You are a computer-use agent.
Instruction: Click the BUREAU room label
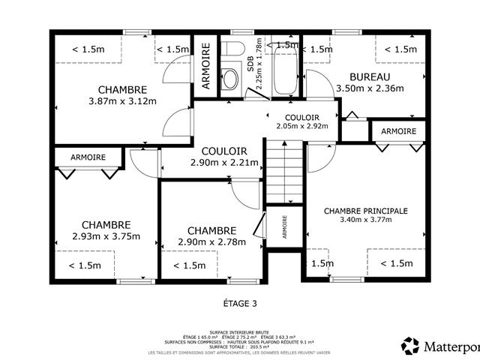point(370,76)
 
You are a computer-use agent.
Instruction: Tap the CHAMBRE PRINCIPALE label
point(365,211)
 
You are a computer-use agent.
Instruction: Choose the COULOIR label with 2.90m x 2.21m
point(224,151)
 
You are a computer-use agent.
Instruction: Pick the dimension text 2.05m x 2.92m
point(301,127)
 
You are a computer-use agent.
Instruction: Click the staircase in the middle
point(283,172)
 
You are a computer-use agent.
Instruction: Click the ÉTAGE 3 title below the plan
point(240,304)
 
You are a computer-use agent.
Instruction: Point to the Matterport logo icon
point(410,346)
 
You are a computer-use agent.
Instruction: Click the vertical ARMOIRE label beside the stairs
point(285,227)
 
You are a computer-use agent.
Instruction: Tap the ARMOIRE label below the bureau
point(398,131)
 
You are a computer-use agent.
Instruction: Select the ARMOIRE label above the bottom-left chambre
point(88,157)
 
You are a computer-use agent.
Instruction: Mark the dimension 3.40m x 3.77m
point(365,220)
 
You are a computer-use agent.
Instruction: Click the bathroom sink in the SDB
point(231,78)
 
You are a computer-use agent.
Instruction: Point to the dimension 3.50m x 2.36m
point(370,88)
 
